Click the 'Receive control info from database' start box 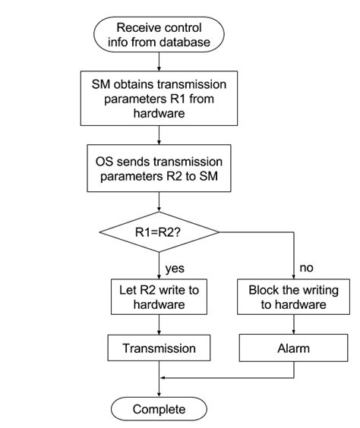(x=159, y=35)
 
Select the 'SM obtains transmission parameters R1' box (x=159, y=98)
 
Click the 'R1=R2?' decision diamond (x=159, y=233)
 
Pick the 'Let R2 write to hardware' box (x=159, y=297)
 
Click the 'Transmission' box (x=159, y=348)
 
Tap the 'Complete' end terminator (x=159, y=409)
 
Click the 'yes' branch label (x=174, y=268)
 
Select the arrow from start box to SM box (x=159, y=62)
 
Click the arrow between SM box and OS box (x=159, y=134)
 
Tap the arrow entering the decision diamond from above (x=159, y=203)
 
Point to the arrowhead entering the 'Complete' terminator (x=159, y=392)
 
